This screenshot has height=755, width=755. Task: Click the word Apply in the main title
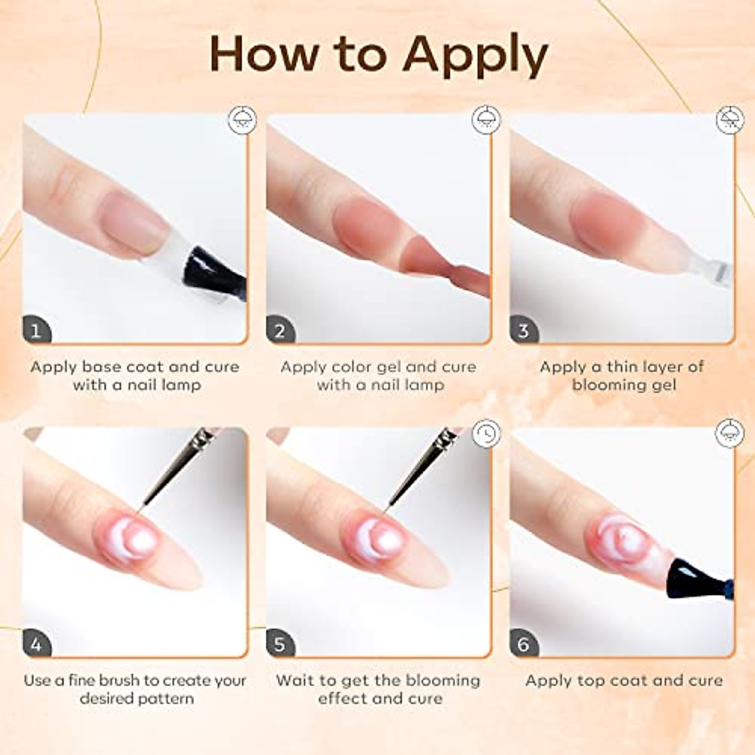pos(476,55)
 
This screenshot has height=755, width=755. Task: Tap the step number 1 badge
pos(36,330)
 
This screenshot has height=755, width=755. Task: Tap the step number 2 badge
pos(280,330)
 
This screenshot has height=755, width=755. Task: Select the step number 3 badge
pos(523,330)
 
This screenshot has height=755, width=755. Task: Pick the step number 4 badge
pos(36,644)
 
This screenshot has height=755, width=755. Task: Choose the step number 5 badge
pos(280,644)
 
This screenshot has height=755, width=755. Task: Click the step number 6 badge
pos(523,644)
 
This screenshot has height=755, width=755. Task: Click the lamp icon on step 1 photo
pos(242,120)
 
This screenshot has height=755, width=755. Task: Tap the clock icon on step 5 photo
pos(486,433)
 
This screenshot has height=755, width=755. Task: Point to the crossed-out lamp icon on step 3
pos(730,120)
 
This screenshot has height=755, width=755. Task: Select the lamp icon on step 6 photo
pos(730,433)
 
